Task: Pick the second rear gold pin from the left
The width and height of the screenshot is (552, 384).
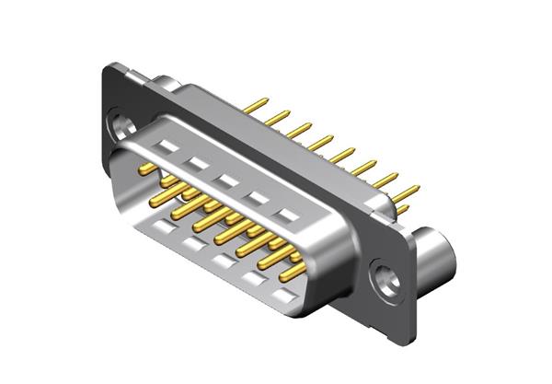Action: point(277,114)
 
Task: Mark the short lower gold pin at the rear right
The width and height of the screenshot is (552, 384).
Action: point(402,210)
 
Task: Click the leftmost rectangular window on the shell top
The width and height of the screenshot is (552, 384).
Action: point(168,144)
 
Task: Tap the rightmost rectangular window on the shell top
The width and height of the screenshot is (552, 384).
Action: point(291,215)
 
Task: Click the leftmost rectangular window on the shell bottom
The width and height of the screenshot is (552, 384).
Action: point(163,225)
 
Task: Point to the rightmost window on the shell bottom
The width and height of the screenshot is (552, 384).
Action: point(286,297)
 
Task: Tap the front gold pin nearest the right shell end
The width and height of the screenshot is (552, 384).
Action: point(293,271)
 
